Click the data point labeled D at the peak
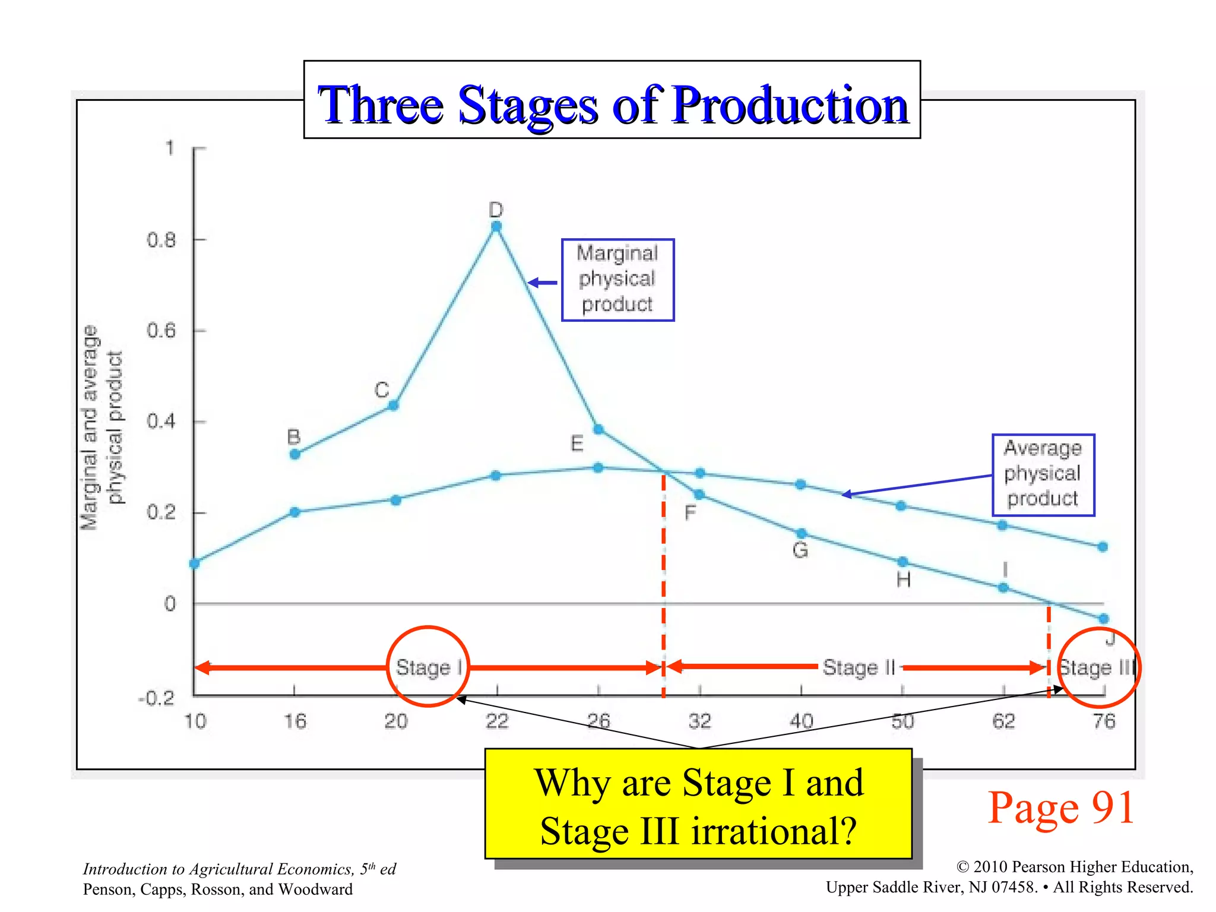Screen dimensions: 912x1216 (x=496, y=226)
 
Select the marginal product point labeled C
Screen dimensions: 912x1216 (x=393, y=406)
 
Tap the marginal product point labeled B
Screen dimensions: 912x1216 (x=295, y=455)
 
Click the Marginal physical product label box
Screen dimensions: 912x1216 (x=617, y=280)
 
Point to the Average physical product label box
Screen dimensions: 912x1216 (x=1043, y=474)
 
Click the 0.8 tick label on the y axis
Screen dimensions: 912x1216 (x=161, y=240)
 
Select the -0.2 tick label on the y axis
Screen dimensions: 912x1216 (x=157, y=698)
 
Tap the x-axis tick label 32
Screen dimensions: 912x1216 (x=700, y=721)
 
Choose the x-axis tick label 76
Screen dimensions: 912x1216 (x=1104, y=721)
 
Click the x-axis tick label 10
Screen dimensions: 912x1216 (x=195, y=721)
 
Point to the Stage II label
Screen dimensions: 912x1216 (x=859, y=667)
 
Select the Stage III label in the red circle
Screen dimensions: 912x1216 (x=1097, y=667)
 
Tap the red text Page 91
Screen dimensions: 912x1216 (x=1061, y=807)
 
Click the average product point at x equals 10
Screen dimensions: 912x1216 (x=195, y=563)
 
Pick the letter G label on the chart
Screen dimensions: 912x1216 (x=800, y=550)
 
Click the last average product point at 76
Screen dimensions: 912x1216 (x=1103, y=547)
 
